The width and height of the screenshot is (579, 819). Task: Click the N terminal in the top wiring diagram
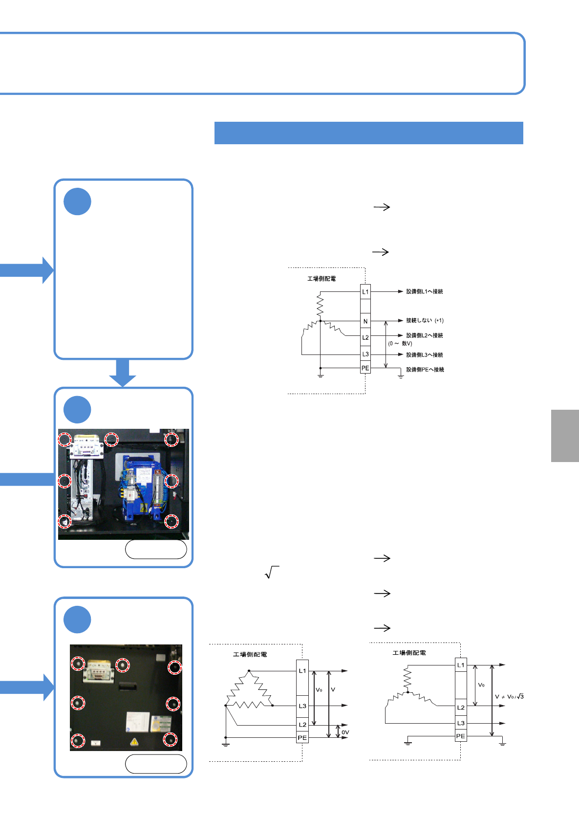coord(365,321)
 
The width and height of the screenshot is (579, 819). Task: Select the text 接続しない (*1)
coord(425,321)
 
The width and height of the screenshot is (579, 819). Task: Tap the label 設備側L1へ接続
coord(425,291)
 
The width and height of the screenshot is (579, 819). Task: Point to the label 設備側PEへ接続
coord(425,370)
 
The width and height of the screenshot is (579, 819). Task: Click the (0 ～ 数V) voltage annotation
coord(400,343)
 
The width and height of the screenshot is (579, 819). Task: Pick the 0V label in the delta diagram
coord(345,732)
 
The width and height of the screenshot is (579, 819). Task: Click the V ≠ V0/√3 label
coord(509,697)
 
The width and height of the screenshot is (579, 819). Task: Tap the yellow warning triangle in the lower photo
coord(134,742)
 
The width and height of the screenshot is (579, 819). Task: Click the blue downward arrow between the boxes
coord(123,373)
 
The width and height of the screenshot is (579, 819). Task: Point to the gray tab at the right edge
coord(565,436)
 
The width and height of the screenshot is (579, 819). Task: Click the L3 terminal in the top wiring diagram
coord(365,354)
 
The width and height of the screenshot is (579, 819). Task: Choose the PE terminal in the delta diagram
coord(302,738)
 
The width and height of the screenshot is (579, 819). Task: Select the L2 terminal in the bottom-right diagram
coord(461,708)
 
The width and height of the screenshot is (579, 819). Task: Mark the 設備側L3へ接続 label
coord(425,355)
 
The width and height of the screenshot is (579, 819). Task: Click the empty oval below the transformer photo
coord(156,549)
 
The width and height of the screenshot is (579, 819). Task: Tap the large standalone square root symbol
coord(272,572)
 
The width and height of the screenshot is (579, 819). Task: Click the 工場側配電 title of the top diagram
coord(322,279)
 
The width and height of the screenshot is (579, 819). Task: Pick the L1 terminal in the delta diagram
coord(302,671)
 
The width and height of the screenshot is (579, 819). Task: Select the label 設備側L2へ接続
coord(425,335)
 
